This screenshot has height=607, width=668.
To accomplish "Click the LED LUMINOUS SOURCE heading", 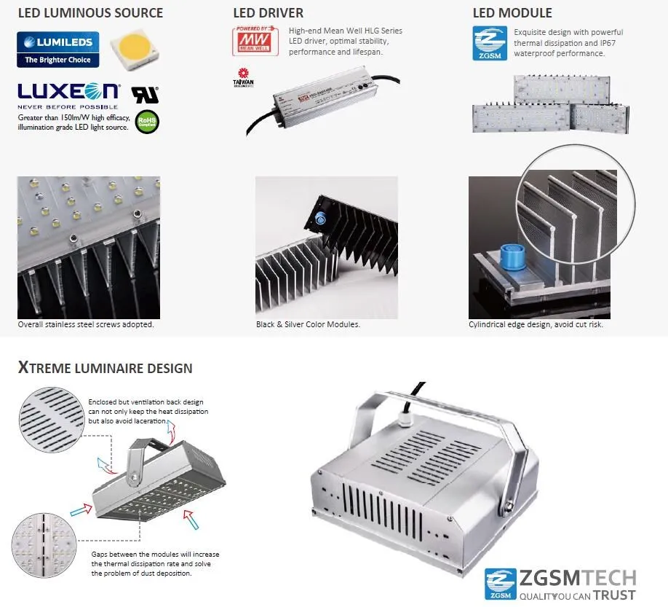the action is (90, 13).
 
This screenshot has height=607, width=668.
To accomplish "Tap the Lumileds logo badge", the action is (57, 50).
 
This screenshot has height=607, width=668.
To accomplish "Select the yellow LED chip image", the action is (132, 48).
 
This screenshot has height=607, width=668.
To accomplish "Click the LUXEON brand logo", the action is (68, 92).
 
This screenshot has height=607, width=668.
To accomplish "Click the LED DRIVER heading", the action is (268, 13).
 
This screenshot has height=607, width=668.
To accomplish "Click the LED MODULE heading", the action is (512, 13).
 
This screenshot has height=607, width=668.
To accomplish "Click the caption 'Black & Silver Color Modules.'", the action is (308, 324).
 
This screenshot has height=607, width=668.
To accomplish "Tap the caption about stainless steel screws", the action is (86, 324).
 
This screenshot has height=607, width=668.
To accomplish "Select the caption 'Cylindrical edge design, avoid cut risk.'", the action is (536, 324).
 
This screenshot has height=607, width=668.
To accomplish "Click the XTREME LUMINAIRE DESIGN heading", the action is (106, 368).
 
